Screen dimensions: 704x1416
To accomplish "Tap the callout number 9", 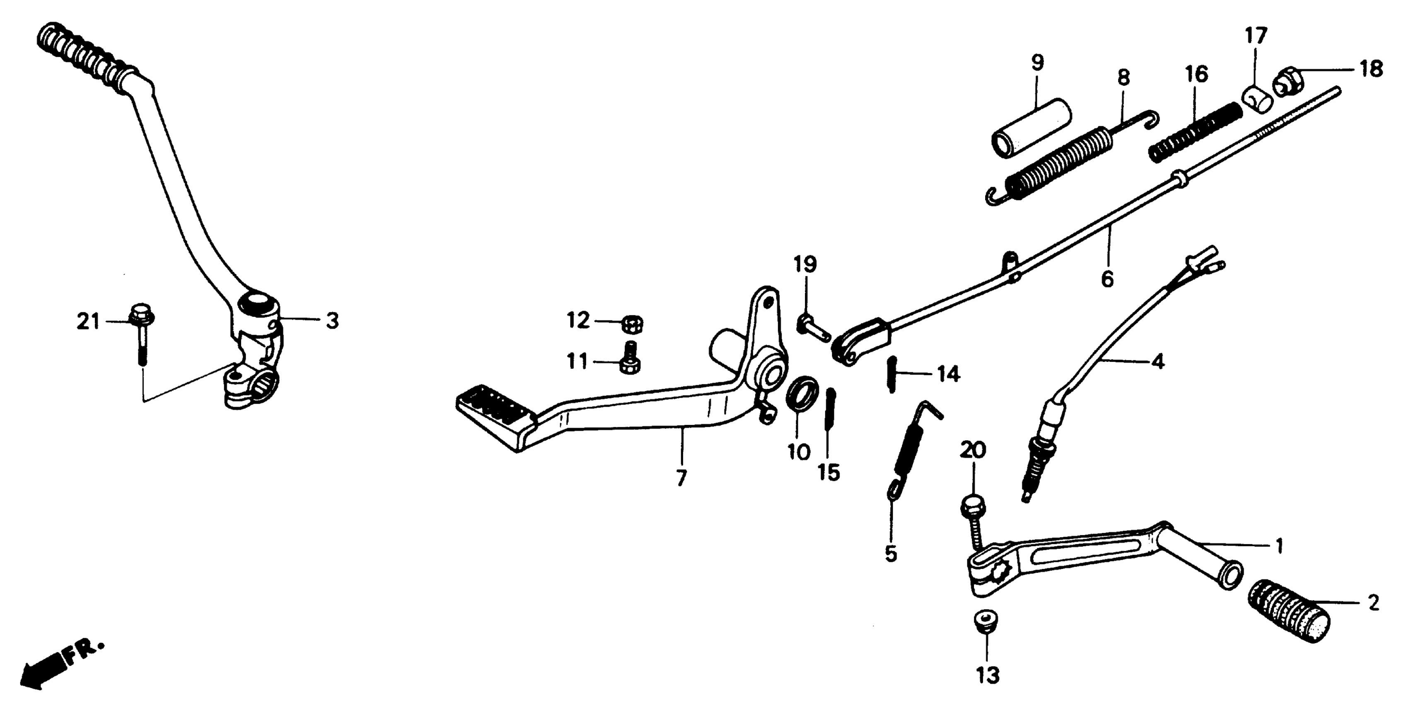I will (1037, 64).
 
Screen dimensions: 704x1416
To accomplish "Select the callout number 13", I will (987, 675).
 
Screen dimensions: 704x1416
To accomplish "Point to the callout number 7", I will (681, 478).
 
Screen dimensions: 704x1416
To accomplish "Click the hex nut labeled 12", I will (633, 325).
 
